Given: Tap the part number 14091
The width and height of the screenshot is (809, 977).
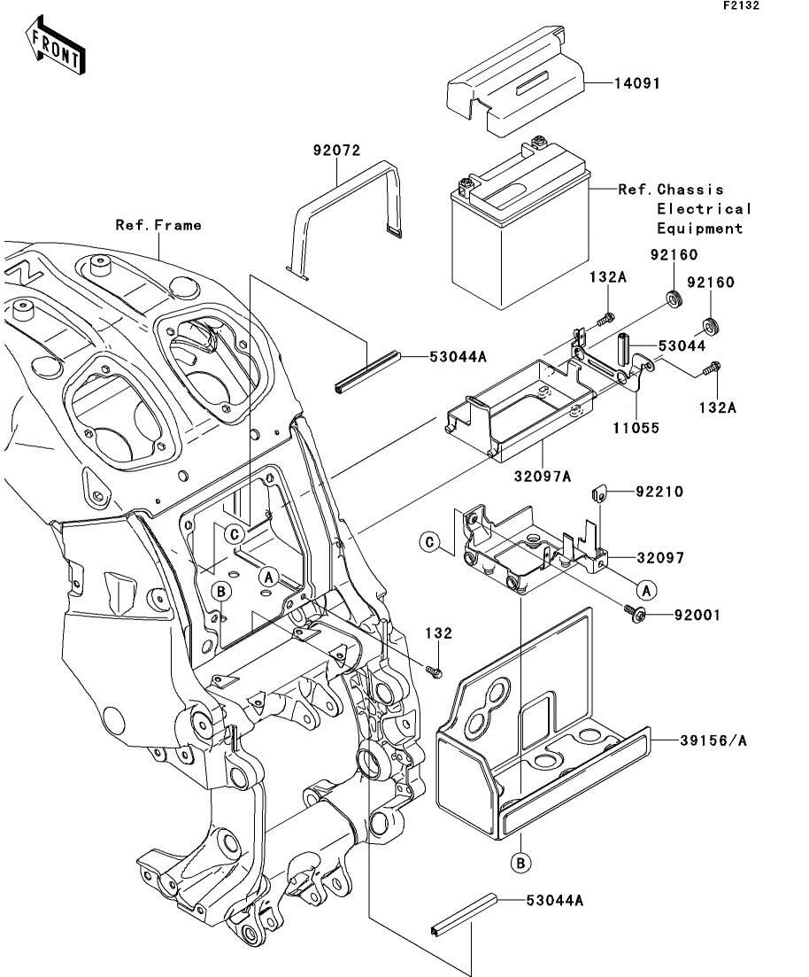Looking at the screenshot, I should (637, 83).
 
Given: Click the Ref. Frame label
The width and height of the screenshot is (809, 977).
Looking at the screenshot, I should (158, 225).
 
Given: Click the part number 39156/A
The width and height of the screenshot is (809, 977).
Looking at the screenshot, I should (713, 741).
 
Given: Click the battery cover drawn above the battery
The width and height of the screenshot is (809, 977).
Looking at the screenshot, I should (518, 84).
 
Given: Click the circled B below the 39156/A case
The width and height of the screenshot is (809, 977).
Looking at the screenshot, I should (520, 861).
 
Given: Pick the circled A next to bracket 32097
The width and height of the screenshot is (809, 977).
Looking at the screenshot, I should (646, 588).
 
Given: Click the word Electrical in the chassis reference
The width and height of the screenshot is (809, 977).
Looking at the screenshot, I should (704, 209).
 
